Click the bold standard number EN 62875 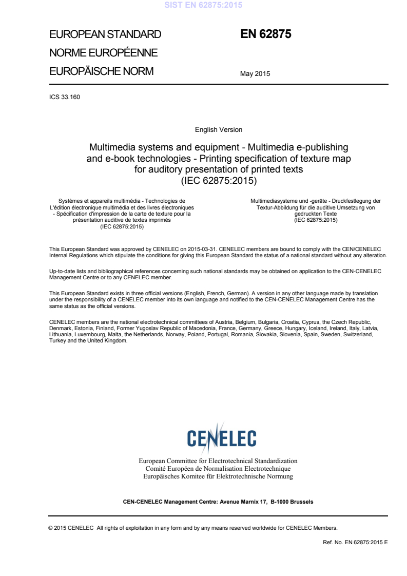(266, 35)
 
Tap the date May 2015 (255, 73)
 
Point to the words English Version (219, 130)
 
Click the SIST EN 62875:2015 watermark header (203, 6)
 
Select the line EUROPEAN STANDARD (105, 35)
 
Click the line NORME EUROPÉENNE (103, 53)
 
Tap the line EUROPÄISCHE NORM (101, 71)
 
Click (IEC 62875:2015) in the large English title (219, 180)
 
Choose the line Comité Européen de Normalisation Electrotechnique (218, 469)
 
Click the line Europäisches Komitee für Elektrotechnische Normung (218, 476)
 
